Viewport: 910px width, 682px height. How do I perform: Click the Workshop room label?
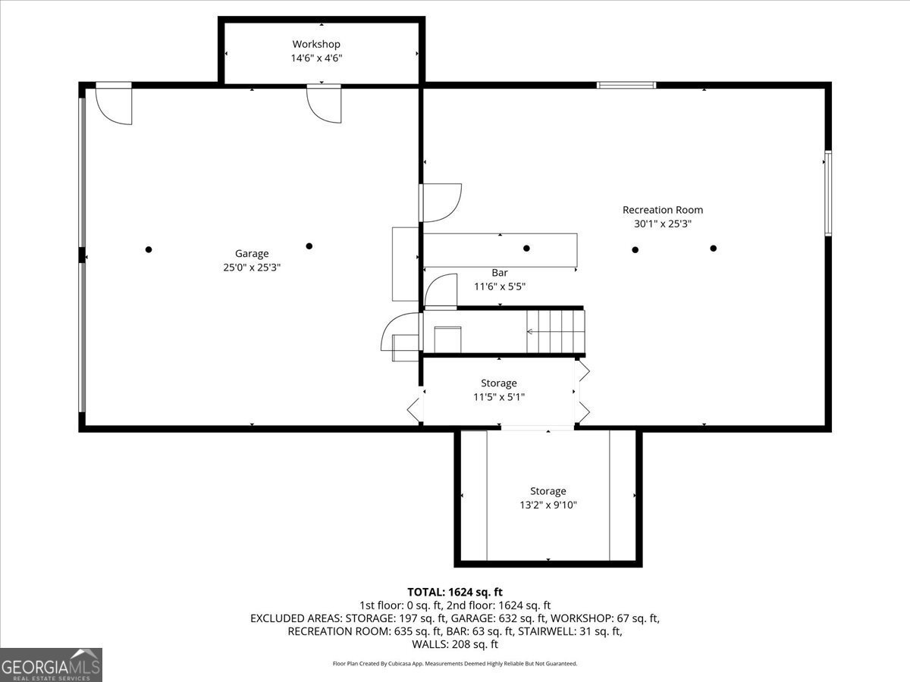(x=316, y=44)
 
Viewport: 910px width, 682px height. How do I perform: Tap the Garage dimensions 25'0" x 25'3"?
(x=252, y=267)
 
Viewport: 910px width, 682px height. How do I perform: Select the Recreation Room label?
(x=663, y=210)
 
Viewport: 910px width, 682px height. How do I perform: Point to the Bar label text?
(x=500, y=273)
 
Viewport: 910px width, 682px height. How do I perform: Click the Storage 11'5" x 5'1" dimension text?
(x=499, y=397)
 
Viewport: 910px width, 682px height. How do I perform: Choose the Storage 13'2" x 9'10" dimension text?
(x=548, y=505)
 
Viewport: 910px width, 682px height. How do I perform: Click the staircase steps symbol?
(x=556, y=331)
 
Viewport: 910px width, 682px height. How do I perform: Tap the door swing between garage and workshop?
(x=324, y=104)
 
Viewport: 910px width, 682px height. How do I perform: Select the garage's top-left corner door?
(x=114, y=104)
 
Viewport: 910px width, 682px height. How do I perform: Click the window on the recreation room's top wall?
(x=626, y=86)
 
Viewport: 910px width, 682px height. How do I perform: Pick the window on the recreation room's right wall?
(x=828, y=194)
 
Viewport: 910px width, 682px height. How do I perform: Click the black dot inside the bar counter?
(x=526, y=249)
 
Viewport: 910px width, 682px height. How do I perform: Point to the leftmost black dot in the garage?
(x=149, y=250)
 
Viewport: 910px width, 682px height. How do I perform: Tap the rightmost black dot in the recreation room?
(x=713, y=249)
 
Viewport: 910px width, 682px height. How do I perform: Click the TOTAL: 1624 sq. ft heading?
(x=455, y=592)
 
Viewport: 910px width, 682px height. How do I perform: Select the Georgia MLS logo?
(x=51, y=665)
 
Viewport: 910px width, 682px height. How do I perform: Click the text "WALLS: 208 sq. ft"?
(x=455, y=644)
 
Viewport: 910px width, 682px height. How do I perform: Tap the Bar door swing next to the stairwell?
(x=441, y=292)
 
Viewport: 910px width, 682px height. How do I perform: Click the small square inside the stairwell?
(x=447, y=339)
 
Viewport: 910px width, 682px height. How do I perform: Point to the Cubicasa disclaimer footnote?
(x=455, y=664)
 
